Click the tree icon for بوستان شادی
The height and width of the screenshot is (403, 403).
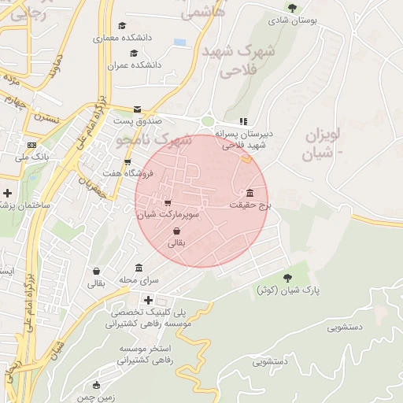click(293, 9)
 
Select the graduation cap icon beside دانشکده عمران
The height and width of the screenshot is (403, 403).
click(134, 54)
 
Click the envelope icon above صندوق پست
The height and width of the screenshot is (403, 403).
click(138, 109)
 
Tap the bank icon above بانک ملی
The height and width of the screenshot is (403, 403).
click(31, 145)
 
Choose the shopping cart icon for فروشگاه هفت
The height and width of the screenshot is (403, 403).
click(127, 162)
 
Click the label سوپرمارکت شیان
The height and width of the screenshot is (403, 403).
click(168, 214)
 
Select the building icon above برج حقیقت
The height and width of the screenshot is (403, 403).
click(250, 193)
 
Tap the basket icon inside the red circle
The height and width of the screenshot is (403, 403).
click(176, 231)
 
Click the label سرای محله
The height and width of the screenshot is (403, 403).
click(139, 279)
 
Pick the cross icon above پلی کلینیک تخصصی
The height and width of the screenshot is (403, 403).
click(148, 299)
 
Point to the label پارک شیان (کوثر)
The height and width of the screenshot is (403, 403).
click(289, 290)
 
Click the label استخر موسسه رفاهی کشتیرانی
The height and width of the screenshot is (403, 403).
click(150, 354)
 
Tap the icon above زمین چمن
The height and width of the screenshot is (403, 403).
click(97, 386)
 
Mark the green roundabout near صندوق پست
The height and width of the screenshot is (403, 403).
click(208, 122)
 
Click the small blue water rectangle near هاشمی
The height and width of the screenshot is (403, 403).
click(180, 42)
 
